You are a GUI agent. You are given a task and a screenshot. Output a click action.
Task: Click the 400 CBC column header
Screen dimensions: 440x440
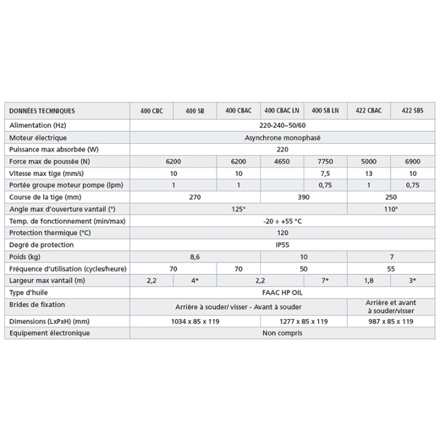[151, 111]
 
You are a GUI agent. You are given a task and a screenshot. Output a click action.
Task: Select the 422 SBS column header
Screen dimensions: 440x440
[413, 111]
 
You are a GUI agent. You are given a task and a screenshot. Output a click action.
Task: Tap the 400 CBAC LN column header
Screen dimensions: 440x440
[281, 111]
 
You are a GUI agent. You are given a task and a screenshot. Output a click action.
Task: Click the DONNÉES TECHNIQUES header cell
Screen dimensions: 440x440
[42, 111]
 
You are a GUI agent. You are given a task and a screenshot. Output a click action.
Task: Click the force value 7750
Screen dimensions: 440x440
[325, 161]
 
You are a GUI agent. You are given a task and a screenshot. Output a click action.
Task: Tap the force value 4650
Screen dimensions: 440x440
[282, 161]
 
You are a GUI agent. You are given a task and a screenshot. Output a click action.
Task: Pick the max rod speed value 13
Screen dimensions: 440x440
[369, 173]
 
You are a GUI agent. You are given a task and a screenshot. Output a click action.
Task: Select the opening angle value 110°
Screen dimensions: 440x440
[391, 209]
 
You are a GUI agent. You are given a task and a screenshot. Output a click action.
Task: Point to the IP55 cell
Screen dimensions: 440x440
[282, 244]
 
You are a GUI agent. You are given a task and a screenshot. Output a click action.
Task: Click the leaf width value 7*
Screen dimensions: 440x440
[325, 280]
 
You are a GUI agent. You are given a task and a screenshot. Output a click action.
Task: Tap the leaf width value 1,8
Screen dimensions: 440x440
[369, 280]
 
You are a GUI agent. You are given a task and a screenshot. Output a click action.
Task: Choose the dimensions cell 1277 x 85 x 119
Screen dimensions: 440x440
[303, 321]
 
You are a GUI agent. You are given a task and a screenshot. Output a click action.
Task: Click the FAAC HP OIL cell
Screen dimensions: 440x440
[282, 293]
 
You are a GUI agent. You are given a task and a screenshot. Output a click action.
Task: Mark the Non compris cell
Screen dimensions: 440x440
[282, 333]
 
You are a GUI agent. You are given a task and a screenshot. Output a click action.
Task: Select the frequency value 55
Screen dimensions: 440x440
[391, 268]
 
